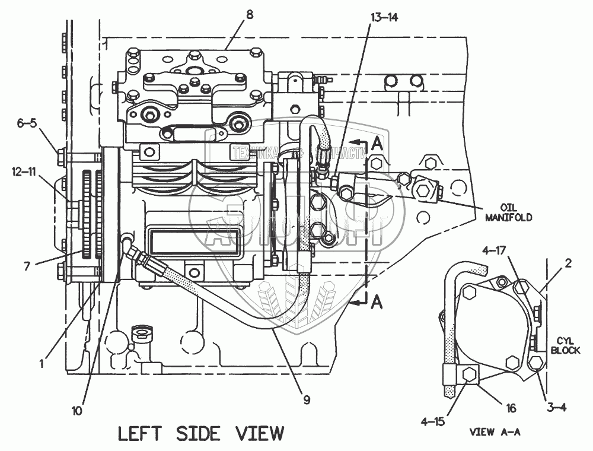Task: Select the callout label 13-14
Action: coord(384,17)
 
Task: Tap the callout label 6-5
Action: coord(27,123)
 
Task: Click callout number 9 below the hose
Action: coord(307,399)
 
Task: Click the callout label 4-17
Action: coord(494,252)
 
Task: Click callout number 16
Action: coord(511,408)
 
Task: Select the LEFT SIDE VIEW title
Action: coord(201,433)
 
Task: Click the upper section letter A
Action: coord(377,143)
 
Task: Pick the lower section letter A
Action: coord(376,303)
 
